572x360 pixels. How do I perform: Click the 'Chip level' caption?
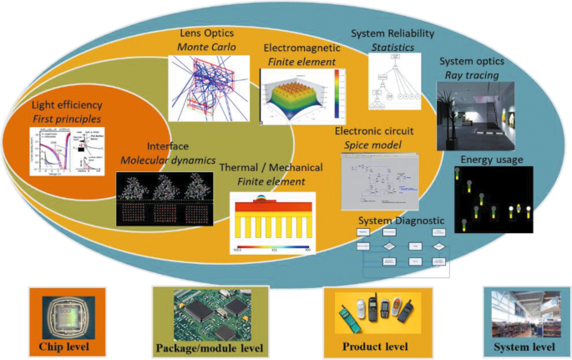(66, 346)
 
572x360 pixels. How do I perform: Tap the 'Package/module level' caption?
(210, 347)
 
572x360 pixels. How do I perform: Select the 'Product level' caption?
(377, 346)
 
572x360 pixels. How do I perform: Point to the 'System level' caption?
(520, 347)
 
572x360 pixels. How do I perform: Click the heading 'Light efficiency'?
(66, 106)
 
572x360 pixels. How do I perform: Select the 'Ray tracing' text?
(472, 75)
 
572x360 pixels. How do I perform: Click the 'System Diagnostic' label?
(402, 221)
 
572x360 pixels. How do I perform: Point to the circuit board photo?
(210, 312)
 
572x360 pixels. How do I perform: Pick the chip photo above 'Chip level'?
(66, 312)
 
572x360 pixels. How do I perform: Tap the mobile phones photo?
(377, 313)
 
